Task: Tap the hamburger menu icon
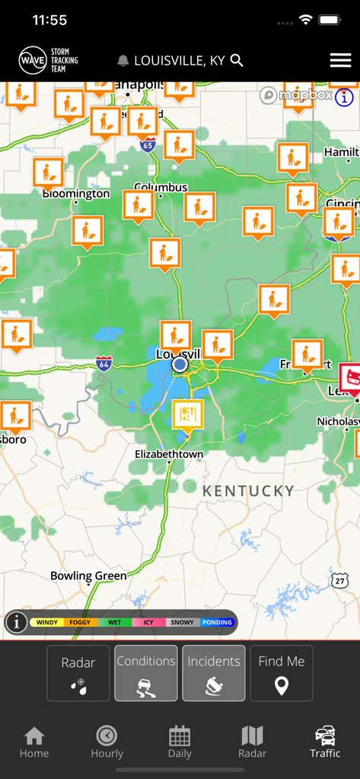tap(340, 60)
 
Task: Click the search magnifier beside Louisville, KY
tap(237, 60)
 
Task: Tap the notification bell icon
tap(123, 60)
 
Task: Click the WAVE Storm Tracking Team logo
tap(49, 60)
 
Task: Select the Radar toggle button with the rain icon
tap(78, 672)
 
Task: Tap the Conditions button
tap(146, 672)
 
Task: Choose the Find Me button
tap(281, 672)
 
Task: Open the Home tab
tap(34, 742)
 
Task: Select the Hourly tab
tap(107, 742)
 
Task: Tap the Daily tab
tap(180, 742)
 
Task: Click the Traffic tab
tap(325, 742)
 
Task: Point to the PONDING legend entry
tap(217, 622)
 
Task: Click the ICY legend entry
tap(148, 622)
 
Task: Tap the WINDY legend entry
tap(46, 622)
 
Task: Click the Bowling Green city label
tap(88, 576)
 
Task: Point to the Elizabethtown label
tap(169, 454)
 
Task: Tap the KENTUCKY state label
tap(248, 491)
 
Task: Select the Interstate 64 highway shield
tap(104, 364)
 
